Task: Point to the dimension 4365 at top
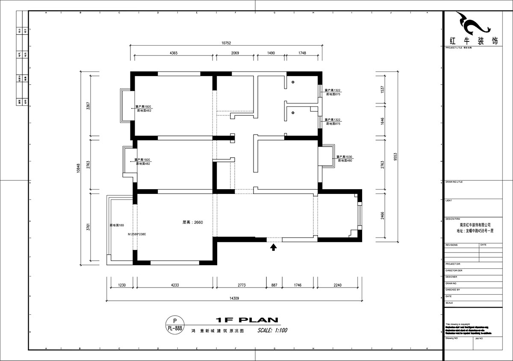pyautogui.click(x=174, y=53)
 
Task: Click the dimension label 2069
pyautogui.click(x=235, y=53)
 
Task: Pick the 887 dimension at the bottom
pyautogui.click(x=274, y=284)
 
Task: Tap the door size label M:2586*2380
pyautogui.click(x=137, y=234)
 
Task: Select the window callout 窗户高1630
pyautogui.click(x=344, y=157)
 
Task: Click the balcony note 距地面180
pyautogui.click(x=117, y=225)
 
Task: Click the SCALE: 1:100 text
pyautogui.click(x=272, y=330)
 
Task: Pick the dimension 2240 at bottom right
pyautogui.click(x=338, y=284)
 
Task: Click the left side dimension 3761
pyautogui.click(x=88, y=226)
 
